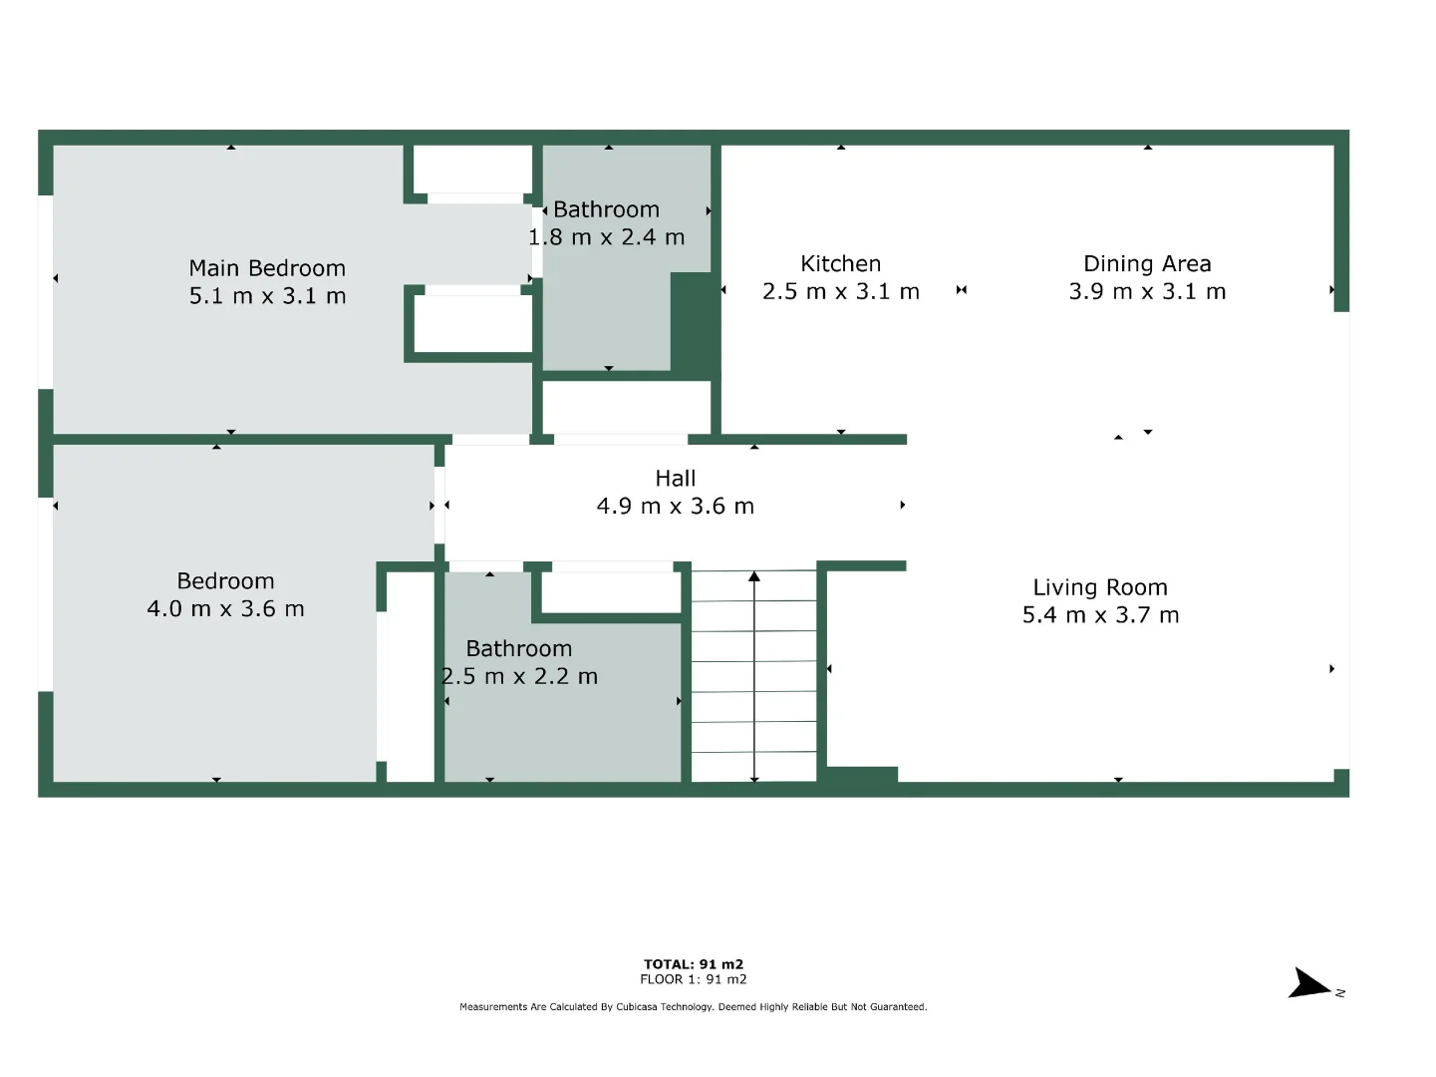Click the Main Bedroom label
click(267, 268)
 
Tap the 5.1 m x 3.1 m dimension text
click(267, 296)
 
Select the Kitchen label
click(840, 264)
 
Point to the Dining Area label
click(1147, 264)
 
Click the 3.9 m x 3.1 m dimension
click(1147, 292)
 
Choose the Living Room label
click(1100, 588)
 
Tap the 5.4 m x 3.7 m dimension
click(1100, 615)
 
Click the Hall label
click(676, 479)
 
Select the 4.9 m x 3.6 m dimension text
click(676, 507)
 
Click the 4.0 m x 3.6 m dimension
click(225, 609)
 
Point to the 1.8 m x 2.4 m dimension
click(606, 237)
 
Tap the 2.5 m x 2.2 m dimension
click(519, 676)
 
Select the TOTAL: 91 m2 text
click(694, 964)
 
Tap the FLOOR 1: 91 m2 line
click(694, 979)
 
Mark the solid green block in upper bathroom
click(694, 324)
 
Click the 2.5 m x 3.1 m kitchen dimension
click(840, 292)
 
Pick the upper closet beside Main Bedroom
click(472, 170)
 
